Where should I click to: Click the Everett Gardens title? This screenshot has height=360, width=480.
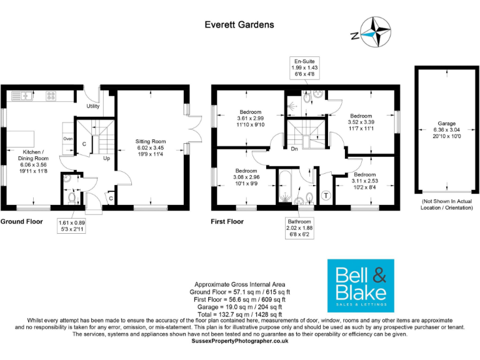point(239,25)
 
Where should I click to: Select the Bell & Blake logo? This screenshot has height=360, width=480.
point(361,286)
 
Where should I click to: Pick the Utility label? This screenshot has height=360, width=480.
point(93,106)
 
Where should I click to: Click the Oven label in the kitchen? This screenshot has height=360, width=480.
point(69,139)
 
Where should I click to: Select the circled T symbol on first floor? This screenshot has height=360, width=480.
point(326,196)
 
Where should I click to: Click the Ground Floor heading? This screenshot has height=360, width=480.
point(21,221)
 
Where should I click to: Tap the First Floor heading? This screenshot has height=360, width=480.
point(227,221)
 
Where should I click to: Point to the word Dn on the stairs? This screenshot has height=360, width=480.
point(293,148)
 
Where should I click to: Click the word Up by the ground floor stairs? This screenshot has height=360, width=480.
point(107,158)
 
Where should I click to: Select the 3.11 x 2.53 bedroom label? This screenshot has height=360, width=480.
point(365,181)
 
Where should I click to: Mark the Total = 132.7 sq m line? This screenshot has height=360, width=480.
point(240,314)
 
